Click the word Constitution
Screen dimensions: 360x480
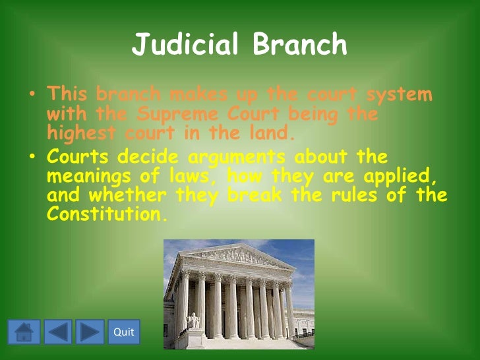[104, 215]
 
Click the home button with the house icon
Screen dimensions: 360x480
[24, 332]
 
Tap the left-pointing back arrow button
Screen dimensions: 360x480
[58, 332]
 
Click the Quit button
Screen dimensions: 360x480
[123, 332]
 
